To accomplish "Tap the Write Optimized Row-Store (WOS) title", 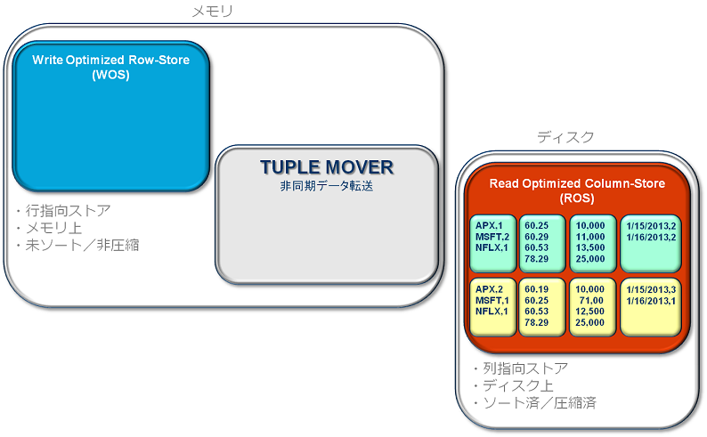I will (x=111, y=67).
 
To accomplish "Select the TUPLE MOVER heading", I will (x=327, y=167).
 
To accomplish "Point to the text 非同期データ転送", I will (x=327, y=188).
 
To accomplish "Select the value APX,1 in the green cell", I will (x=489, y=225).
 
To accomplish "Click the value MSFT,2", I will (x=492, y=236).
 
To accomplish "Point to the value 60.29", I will (x=537, y=236).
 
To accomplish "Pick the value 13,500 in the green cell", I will (x=589, y=247).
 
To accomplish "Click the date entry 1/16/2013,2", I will (x=651, y=236).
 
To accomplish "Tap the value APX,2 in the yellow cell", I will (x=490, y=289).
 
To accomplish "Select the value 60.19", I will (x=537, y=289).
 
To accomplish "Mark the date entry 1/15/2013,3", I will (x=651, y=289).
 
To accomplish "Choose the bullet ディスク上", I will (x=516, y=385).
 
